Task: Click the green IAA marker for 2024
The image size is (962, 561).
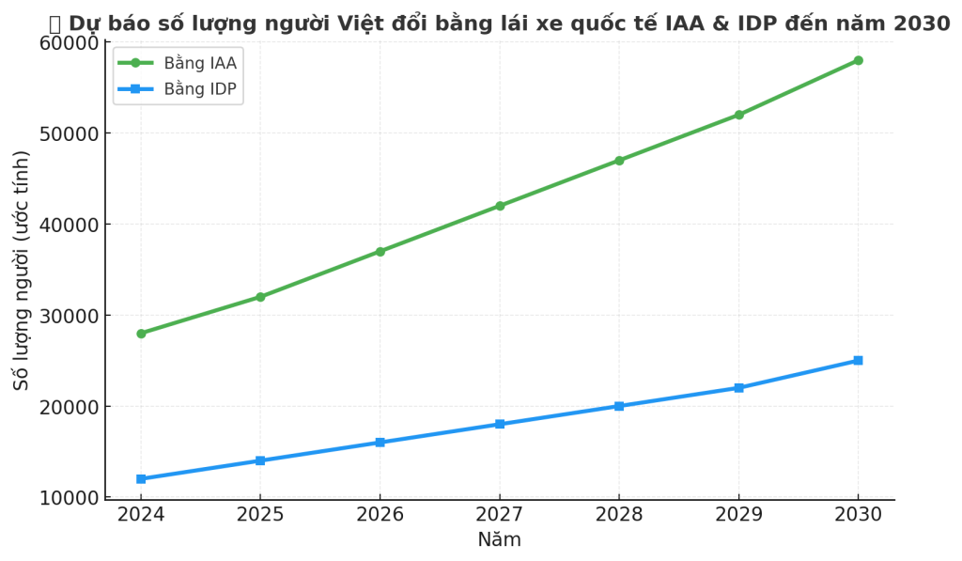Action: (x=141, y=334)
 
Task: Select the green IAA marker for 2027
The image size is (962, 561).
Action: (x=500, y=206)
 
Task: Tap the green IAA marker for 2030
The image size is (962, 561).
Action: (x=858, y=60)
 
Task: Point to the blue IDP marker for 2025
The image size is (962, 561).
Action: (x=260, y=460)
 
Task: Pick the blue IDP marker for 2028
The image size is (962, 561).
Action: (x=619, y=406)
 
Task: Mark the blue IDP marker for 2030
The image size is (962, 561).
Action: (x=858, y=361)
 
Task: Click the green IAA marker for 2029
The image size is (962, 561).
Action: (x=738, y=115)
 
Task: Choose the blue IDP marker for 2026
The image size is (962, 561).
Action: (x=380, y=443)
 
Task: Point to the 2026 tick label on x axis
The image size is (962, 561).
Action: (x=380, y=514)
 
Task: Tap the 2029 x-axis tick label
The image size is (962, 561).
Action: (x=738, y=514)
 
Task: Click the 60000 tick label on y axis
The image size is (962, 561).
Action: (x=69, y=43)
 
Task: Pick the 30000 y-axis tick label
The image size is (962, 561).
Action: (x=69, y=316)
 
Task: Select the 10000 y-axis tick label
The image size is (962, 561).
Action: (x=69, y=498)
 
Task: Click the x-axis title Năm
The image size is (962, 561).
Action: (x=499, y=540)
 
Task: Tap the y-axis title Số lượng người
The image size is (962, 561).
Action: (x=22, y=271)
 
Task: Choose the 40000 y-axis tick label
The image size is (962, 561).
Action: (x=69, y=225)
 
